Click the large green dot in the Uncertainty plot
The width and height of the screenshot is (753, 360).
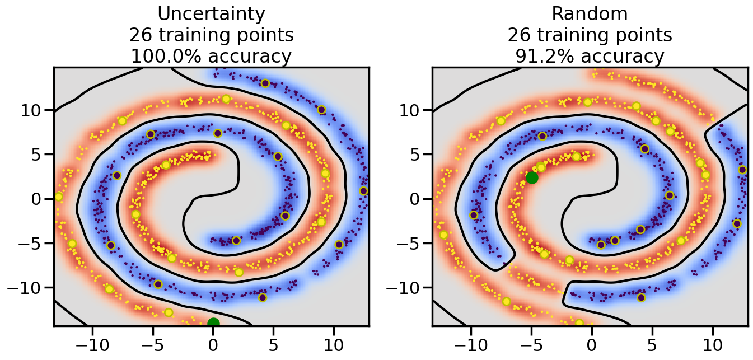[213, 322]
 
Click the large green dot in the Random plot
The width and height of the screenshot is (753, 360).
[532, 177]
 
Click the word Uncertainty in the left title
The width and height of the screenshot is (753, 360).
[211, 13]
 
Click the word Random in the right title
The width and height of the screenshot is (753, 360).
[590, 13]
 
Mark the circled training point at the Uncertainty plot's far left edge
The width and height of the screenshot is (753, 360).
[58, 197]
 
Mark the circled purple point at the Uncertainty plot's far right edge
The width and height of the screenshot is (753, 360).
[363, 191]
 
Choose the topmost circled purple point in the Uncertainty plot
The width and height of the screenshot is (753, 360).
[265, 83]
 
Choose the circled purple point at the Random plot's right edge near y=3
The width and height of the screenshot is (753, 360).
[742, 170]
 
